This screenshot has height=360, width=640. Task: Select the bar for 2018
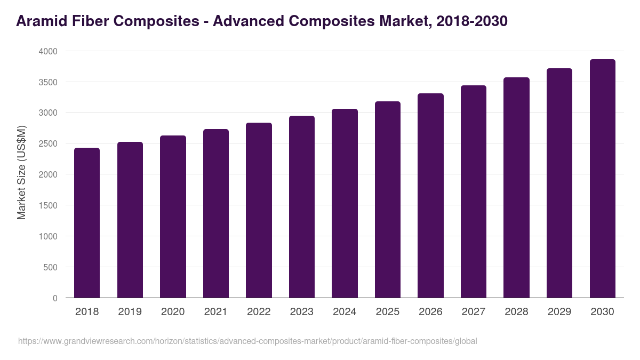[x=87, y=223]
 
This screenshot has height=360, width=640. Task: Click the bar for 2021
[x=216, y=213]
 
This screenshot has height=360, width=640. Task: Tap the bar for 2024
[x=345, y=203]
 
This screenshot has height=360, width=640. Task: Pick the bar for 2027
[x=474, y=191]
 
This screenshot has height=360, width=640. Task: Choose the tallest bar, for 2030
[x=602, y=179]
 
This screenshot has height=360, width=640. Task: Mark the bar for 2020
[x=173, y=217]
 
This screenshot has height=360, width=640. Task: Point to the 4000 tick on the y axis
[x=47, y=51]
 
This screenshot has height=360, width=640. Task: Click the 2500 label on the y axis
[x=47, y=143]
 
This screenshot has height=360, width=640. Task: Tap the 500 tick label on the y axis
[x=50, y=267]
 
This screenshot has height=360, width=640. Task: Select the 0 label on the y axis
[x=55, y=298]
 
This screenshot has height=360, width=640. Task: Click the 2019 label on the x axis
[x=130, y=312]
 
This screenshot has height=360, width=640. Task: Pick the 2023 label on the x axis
[x=301, y=312]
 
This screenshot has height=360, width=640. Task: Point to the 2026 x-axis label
[x=430, y=312]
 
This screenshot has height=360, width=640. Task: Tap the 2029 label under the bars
[x=559, y=312]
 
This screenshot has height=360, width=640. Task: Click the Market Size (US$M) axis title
[x=21, y=172]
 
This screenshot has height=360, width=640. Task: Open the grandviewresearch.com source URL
[x=247, y=341]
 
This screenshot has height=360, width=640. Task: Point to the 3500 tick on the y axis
[x=47, y=82]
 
